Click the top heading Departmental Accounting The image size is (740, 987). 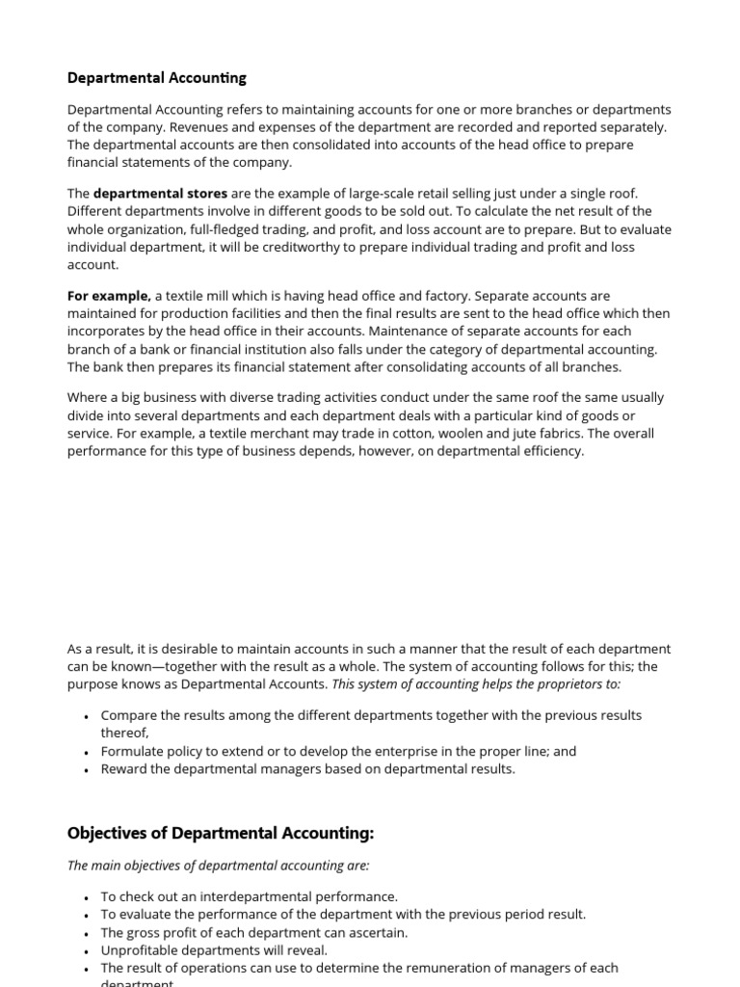coord(157,77)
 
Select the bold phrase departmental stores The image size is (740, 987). coord(160,193)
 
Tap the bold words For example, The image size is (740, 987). coord(109,296)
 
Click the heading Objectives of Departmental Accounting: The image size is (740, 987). coord(221,833)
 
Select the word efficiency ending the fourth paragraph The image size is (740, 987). coord(553,451)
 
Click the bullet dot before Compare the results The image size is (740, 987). coord(87,716)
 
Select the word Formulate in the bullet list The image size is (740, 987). coord(131,751)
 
